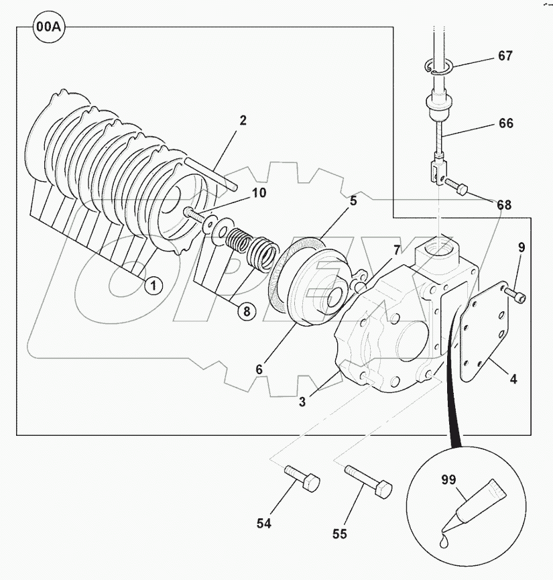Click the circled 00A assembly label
tap(48, 27)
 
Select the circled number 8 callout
tap(246, 310)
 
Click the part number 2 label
tap(243, 121)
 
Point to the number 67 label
tap(505, 56)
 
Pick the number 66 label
tap(506, 123)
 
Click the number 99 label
tap(448, 479)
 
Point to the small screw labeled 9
tap(516, 295)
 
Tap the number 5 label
tap(353, 200)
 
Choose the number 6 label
tap(258, 369)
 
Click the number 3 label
tap(302, 402)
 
